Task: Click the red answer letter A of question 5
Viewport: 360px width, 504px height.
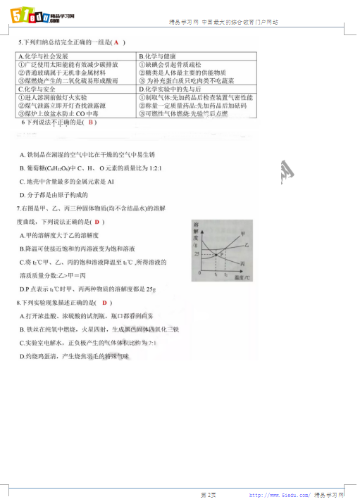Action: click(115, 42)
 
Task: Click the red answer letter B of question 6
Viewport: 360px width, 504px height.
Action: click(90, 122)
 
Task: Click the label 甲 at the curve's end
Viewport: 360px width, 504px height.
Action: click(244, 233)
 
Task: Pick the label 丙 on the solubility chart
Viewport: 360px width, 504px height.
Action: click(244, 263)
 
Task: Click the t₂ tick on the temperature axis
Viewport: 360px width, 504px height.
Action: click(229, 274)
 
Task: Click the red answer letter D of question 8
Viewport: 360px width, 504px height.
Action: click(104, 303)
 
